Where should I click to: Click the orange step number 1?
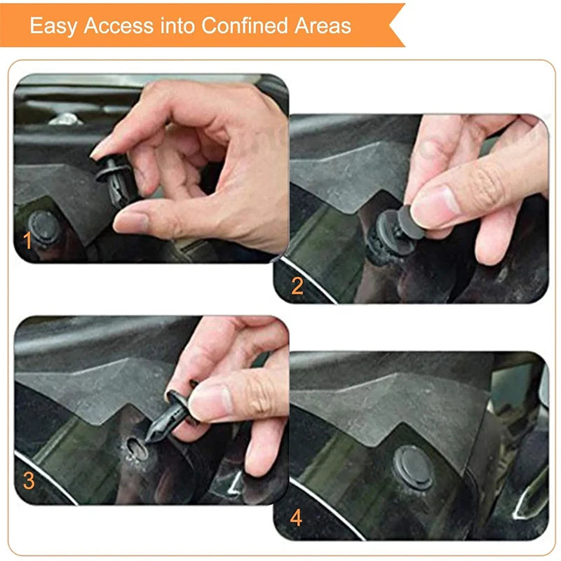click(x=28, y=242)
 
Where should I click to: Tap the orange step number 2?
click(x=297, y=285)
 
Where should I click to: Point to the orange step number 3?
click(x=29, y=481)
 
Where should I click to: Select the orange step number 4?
click(x=297, y=518)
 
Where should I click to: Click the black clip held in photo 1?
click(x=116, y=179)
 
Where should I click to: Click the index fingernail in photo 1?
click(x=101, y=147)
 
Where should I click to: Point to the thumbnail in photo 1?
click(x=130, y=222)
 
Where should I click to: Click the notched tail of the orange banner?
click(x=396, y=25)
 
